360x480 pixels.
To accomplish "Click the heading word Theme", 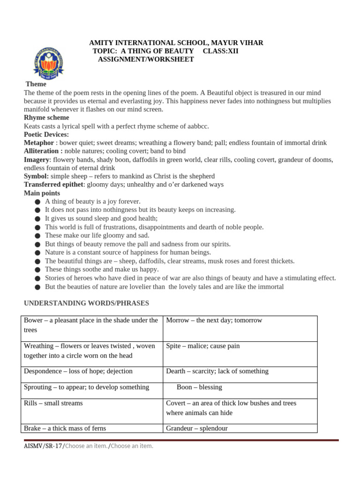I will (x=36, y=84).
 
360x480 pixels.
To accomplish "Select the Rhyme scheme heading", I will (x=46, y=118).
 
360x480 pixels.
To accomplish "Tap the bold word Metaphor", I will (x=39, y=143).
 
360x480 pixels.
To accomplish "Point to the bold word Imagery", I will (x=37, y=160).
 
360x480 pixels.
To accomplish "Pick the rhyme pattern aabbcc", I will (x=197, y=126).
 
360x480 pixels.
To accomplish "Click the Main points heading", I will (x=42, y=193).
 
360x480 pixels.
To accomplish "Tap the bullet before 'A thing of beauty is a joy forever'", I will (x=37, y=202).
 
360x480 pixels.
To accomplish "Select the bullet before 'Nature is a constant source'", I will (x=37, y=253).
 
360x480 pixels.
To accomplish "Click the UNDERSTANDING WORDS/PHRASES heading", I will (x=86, y=303).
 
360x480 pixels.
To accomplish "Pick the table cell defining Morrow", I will (x=240, y=328).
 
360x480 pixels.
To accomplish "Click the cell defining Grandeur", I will (x=240, y=428).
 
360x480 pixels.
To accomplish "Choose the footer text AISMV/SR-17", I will (x=43, y=446).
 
